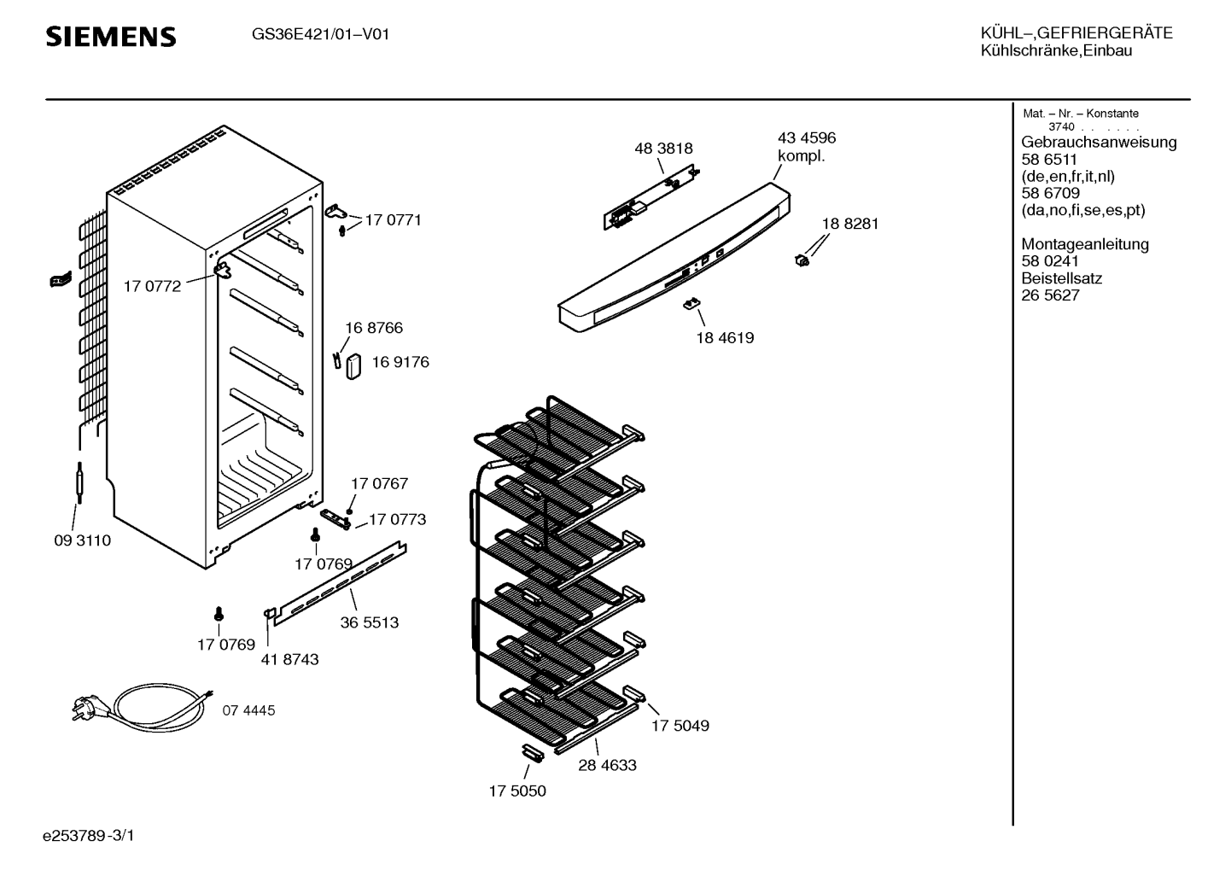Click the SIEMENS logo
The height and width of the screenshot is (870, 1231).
coord(110,37)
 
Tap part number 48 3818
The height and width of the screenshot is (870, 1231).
coord(663,149)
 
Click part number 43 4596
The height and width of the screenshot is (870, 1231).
coord(806,138)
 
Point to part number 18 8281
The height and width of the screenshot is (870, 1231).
coord(849,224)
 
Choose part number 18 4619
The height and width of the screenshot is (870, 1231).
coord(725,338)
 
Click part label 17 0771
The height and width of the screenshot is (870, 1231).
coord(393,220)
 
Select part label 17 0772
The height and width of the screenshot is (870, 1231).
coord(152,287)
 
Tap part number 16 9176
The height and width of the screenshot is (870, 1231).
coord(400,362)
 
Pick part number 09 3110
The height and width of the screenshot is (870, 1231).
coord(82,541)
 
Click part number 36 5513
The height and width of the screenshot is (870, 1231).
coord(369,623)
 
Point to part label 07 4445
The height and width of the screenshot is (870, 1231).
coord(249,710)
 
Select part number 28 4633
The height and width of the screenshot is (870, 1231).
coord(607,766)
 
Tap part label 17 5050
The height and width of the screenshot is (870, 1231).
coord(517,791)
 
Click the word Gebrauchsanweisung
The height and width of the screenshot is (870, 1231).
coord(1099,143)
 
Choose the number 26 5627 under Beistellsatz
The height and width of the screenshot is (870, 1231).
coord(1050,295)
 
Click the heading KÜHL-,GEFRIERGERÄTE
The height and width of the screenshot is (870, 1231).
coord(1076,33)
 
